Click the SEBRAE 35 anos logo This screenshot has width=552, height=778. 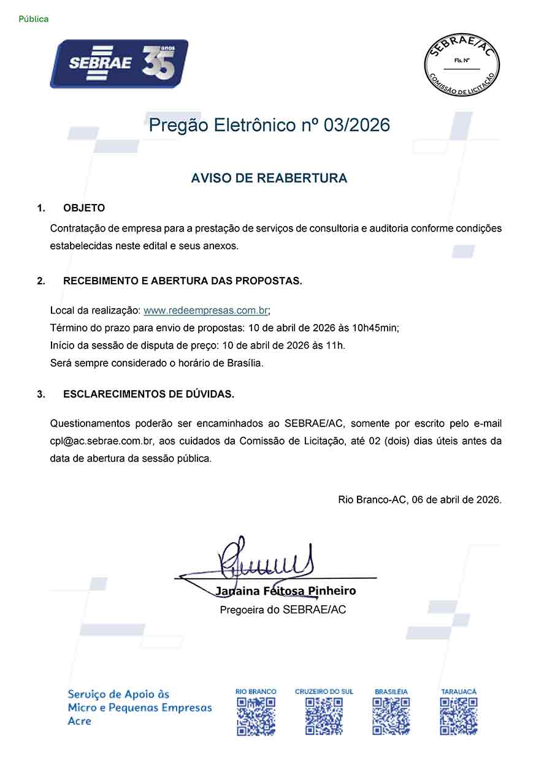pyautogui.click(x=119, y=64)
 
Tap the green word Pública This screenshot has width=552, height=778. pyautogui.click(x=34, y=19)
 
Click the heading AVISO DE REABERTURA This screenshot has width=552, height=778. pyautogui.click(x=269, y=178)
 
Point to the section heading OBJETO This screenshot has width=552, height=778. pyautogui.click(x=84, y=208)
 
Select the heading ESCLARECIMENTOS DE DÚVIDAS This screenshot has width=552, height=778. pyautogui.click(x=148, y=395)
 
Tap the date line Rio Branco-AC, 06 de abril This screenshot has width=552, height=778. pyautogui.click(x=420, y=500)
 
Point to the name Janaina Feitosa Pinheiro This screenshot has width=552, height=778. pyautogui.click(x=285, y=591)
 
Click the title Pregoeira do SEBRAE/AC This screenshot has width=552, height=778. pyautogui.click(x=283, y=610)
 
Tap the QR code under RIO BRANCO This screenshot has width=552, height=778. pyautogui.click(x=256, y=716)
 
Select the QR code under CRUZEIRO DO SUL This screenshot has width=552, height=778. pyautogui.click(x=324, y=716)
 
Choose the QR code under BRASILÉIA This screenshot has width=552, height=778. pyautogui.click(x=391, y=716)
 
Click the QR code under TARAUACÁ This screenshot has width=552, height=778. pyautogui.click(x=459, y=716)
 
